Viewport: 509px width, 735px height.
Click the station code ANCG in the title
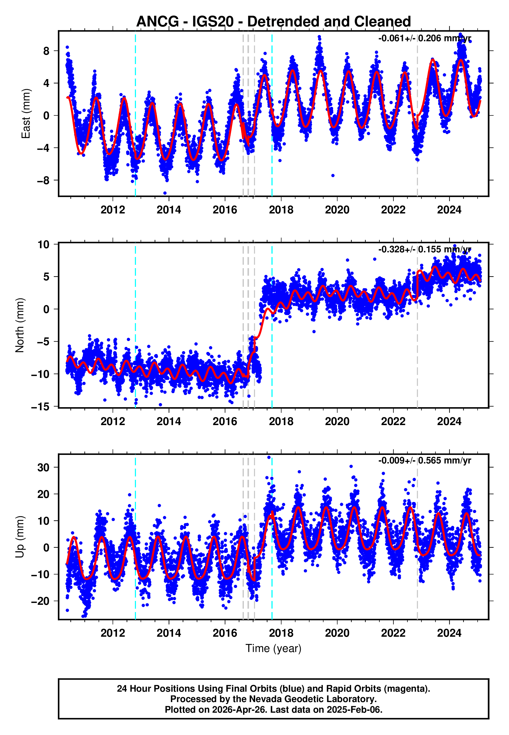tap(157, 22)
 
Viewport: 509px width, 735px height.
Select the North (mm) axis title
tap(20, 325)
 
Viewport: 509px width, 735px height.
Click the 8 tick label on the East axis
tap(46, 51)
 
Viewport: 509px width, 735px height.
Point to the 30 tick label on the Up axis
tap(43, 468)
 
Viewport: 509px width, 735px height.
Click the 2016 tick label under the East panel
tap(225, 210)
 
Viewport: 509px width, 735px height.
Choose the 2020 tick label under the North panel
tap(337, 421)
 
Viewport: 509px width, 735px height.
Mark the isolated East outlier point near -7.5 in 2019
tap(333, 176)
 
